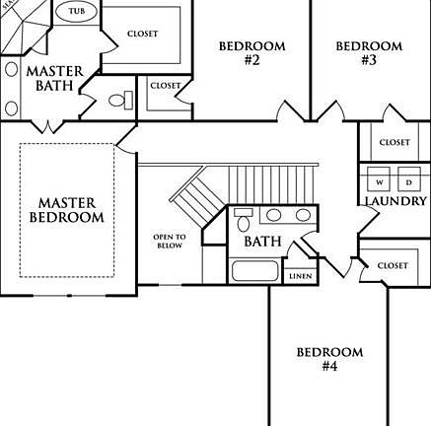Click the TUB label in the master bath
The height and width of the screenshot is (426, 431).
point(77,11)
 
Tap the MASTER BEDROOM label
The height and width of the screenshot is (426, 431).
point(67,210)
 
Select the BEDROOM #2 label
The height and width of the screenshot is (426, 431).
point(252,52)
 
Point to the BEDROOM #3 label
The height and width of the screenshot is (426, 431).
point(369,52)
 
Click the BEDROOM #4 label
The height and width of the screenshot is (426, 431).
point(329,359)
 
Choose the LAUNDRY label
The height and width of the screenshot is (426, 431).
point(395,201)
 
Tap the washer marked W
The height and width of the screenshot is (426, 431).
point(379,178)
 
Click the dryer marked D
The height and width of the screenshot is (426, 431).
point(409,178)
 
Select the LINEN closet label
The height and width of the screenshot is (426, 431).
point(301,276)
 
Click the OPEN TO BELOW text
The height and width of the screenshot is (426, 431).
point(170,241)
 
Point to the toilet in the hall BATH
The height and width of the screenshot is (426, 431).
point(244,219)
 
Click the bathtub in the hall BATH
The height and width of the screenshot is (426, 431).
point(254,271)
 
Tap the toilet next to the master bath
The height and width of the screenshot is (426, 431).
point(120,101)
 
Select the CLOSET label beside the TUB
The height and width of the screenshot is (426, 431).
point(143,34)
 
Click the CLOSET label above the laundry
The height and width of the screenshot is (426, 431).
point(395,142)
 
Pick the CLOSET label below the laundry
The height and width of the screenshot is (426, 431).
point(393,265)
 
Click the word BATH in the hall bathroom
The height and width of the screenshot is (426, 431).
point(262,242)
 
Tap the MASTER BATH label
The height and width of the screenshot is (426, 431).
point(54,78)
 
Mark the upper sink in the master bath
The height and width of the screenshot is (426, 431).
point(12,70)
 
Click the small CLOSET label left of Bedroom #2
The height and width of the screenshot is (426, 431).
point(166,86)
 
